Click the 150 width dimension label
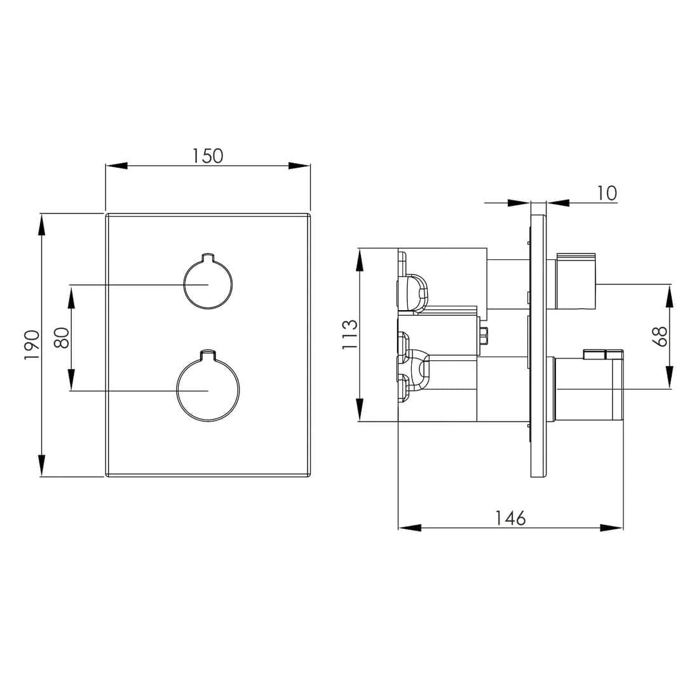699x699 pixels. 207,156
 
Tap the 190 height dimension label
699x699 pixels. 32,346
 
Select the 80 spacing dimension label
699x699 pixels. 62,337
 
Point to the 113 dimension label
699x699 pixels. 350,334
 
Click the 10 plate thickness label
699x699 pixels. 606,193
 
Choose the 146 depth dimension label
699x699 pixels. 510,518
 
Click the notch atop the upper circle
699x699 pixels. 208,256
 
